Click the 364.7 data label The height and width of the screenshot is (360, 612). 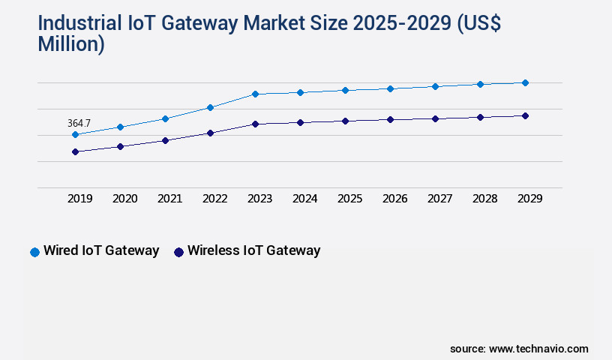point(79,122)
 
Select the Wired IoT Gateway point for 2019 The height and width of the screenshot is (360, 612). point(75,135)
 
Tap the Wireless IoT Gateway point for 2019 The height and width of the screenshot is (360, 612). point(75,151)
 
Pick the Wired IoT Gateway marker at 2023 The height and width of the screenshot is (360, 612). point(255,94)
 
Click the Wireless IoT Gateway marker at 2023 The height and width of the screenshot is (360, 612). point(255,124)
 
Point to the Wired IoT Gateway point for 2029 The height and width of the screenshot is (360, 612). point(525,82)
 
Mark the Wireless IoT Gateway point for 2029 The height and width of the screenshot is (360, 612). point(525,115)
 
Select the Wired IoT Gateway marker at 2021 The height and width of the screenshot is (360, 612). point(165,118)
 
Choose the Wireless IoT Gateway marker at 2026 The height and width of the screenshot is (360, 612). point(390,119)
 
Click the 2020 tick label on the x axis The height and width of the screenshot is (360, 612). point(124,199)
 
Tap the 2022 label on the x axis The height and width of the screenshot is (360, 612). point(214,199)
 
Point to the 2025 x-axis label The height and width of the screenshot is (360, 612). point(349,199)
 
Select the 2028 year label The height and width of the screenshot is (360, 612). point(484,199)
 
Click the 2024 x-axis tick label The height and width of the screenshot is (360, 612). point(304,199)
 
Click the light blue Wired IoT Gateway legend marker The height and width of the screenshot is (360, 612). point(34,252)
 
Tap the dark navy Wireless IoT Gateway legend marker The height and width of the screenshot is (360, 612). point(178,252)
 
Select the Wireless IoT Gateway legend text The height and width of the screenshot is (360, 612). point(253,250)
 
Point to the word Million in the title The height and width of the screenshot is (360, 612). point(71,43)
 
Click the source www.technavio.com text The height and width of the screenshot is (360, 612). point(519,349)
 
